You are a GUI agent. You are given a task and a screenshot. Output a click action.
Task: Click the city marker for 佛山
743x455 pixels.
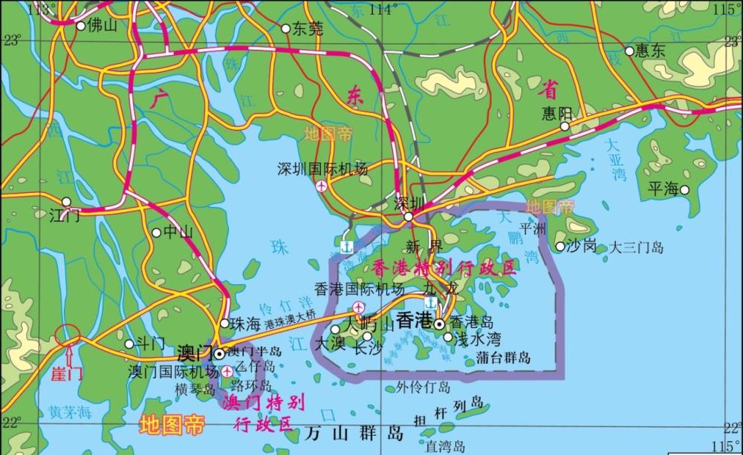[80, 25]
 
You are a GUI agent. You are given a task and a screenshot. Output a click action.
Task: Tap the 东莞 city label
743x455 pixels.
[307, 29]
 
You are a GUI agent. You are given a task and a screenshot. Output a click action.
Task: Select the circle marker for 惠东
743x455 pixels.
[629, 51]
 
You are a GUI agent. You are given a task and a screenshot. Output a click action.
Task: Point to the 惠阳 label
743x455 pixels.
[557, 112]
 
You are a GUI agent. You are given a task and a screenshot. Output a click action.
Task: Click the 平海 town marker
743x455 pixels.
[684, 189]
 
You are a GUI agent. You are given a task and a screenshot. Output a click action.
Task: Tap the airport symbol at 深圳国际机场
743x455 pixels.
[320, 186]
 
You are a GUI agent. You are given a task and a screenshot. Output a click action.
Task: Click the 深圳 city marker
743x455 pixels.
[409, 217]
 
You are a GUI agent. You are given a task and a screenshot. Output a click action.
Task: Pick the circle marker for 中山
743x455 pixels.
[156, 232]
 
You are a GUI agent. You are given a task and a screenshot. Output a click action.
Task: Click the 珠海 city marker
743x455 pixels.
[224, 323]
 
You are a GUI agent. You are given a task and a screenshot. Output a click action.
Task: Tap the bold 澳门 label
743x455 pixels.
[195, 351]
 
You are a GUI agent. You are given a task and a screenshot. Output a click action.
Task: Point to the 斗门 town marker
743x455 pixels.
[130, 343]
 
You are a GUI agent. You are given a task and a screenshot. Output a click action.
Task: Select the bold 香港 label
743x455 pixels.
[414, 321]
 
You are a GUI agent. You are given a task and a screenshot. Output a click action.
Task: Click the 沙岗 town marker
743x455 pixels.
[559, 246]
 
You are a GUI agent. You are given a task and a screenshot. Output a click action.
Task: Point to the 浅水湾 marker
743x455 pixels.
[448, 337]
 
